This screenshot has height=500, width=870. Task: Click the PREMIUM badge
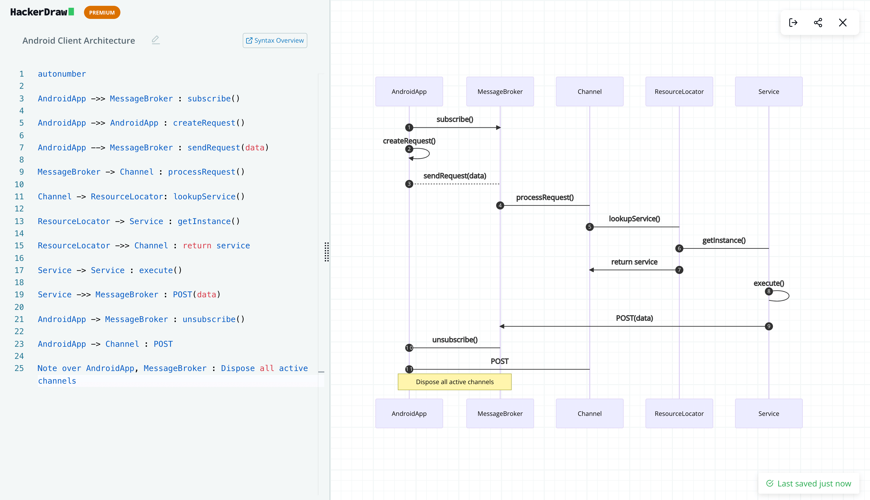102,12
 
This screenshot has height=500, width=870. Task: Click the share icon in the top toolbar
818,23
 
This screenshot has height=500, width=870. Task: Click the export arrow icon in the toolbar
793,23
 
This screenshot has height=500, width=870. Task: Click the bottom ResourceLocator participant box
679,413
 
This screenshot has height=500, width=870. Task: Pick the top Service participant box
768,91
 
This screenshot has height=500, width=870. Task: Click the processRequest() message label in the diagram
544,197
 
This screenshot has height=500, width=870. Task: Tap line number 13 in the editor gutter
19,221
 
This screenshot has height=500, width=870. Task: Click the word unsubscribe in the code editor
209,319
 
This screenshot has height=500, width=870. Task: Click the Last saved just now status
809,484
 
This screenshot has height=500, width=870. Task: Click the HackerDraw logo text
39,12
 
